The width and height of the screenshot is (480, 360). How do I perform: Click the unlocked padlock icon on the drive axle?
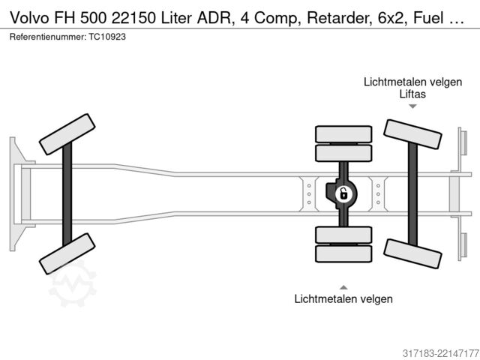343,193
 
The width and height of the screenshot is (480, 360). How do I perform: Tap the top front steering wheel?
67,134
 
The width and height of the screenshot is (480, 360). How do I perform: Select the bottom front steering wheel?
67,253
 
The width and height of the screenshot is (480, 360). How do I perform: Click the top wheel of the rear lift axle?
412,134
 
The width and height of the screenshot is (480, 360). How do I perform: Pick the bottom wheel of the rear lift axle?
412,253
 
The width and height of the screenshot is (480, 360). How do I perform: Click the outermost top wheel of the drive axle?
343,134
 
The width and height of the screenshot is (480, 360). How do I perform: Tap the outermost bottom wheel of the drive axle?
343,253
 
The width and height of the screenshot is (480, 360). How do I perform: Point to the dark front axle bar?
67,194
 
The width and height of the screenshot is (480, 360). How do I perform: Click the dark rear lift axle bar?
412,194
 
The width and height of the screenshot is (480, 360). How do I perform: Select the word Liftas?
412,94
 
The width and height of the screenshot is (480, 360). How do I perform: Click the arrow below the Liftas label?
412,106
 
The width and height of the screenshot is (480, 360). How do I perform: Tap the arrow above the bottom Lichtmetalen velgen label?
343,287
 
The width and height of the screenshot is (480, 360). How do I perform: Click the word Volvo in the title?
29,18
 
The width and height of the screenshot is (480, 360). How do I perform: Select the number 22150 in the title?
133,18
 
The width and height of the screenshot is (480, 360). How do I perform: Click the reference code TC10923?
107,37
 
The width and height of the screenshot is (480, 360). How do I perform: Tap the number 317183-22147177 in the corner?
441,353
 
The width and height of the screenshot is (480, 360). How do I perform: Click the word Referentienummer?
47,37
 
